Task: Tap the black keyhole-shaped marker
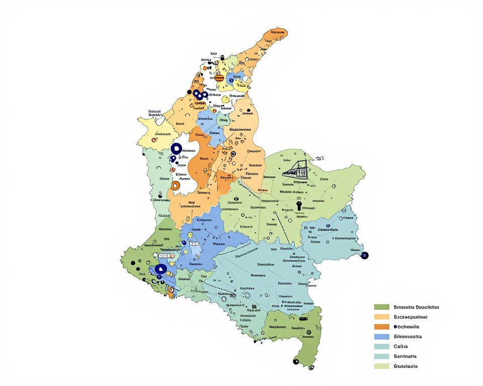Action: tap(299, 206)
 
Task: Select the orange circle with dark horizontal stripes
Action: tap(219, 78)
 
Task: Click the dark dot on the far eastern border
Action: tap(364, 255)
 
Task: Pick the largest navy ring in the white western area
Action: tap(176, 149)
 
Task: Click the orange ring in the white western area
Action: tap(175, 185)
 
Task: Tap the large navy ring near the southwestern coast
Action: tap(160, 269)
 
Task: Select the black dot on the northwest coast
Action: tap(189, 92)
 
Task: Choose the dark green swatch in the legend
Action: tap(382, 307)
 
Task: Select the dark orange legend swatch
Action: tap(382, 327)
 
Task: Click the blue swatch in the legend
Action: tap(382, 337)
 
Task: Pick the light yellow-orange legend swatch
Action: tap(382, 317)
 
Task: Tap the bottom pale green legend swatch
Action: tap(382, 366)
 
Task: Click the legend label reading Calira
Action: tap(401, 346)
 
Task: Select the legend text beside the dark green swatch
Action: tap(416, 307)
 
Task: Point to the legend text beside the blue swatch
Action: tap(408, 337)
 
